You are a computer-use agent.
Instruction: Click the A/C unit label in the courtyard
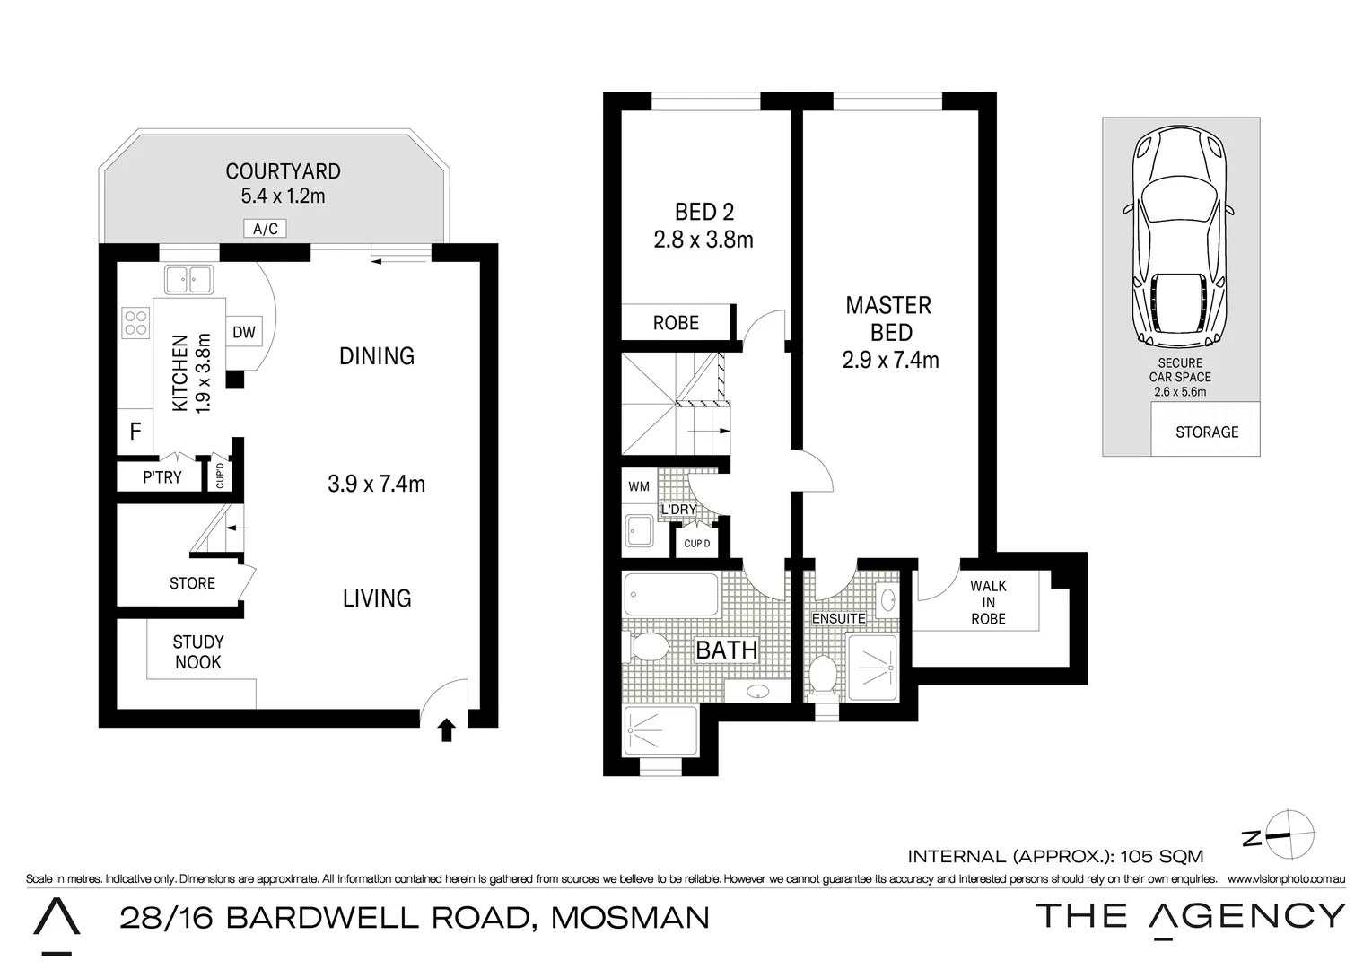[x=265, y=229]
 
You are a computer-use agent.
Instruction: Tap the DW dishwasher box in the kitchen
[x=244, y=332]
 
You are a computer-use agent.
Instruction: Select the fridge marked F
[x=135, y=432]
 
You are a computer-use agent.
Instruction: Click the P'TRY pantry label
[x=162, y=477]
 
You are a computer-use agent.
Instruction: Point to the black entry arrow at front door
[x=446, y=730]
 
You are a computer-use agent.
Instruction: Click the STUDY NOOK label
[x=198, y=652]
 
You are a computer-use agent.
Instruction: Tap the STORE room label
[x=192, y=583]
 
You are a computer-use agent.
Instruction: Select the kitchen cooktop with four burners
[x=135, y=323]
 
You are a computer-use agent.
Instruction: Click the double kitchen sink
[x=188, y=281]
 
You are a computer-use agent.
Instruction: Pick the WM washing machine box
[x=639, y=487]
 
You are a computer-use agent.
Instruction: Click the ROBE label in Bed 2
[x=676, y=323]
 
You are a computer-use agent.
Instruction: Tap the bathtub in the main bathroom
[x=670, y=594]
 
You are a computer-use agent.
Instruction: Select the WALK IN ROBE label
[x=988, y=602]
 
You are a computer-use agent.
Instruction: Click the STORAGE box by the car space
[x=1206, y=432]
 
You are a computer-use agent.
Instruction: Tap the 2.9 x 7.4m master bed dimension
[x=890, y=361]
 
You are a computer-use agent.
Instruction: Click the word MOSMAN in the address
[x=630, y=917]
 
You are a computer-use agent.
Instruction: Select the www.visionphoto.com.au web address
[x=1285, y=879]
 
